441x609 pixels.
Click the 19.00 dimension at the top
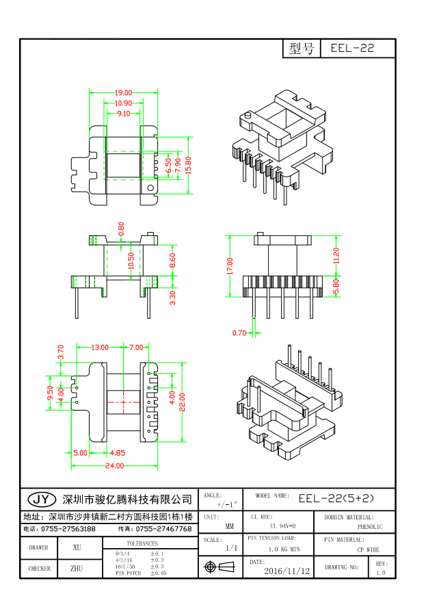point(123,92)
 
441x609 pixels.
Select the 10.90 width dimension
point(123,103)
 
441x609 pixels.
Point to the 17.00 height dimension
point(230,265)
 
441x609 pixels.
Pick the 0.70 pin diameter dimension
point(239,333)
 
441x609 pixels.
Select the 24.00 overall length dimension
point(114,466)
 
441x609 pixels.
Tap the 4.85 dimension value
point(117,452)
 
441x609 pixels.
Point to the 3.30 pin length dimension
point(172,298)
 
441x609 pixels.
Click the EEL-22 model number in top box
point(352,49)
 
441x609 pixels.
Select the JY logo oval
point(41,498)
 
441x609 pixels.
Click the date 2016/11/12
point(286,570)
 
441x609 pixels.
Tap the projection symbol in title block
point(219,567)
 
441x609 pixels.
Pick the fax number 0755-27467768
point(163,529)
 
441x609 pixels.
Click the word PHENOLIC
point(370,527)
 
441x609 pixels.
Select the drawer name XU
point(77,547)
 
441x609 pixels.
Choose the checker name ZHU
point(77,568)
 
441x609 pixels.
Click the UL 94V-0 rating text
point(282,526)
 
